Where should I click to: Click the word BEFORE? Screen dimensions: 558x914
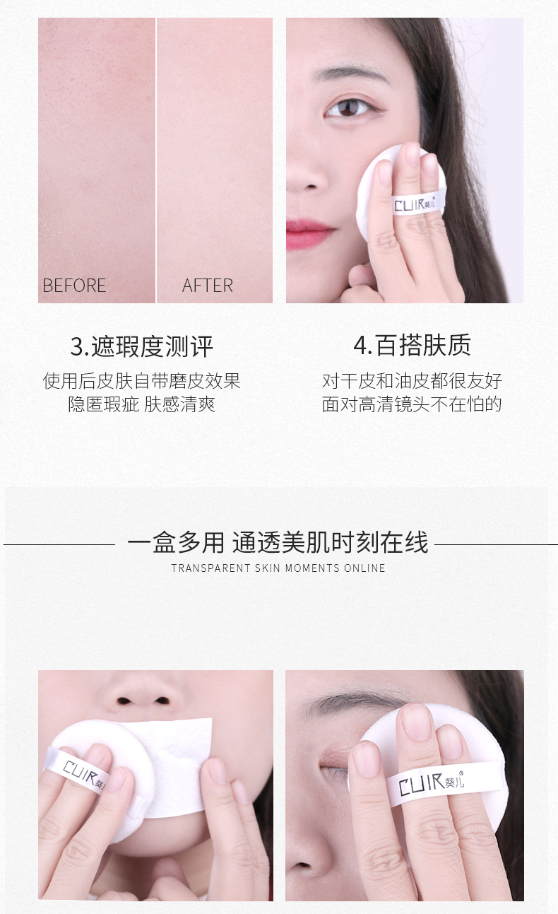point(74,286)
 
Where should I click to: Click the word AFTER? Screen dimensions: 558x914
point(208,286)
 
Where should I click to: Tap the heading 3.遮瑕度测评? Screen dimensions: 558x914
point(141,347)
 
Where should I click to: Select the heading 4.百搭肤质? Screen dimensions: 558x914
point(412,345)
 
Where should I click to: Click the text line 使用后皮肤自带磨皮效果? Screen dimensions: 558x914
point(141,381)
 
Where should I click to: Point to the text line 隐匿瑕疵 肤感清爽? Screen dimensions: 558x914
point(141,404)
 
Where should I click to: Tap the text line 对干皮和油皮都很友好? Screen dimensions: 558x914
point(412,381)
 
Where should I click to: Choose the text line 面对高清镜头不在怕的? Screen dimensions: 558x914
point(412,404)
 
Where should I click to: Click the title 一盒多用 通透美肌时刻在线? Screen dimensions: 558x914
point(278,543)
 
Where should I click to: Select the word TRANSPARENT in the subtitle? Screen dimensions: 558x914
point(210,568)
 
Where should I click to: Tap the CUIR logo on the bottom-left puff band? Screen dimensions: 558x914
point(83,775)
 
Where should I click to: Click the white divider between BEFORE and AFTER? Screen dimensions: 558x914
point(155,160)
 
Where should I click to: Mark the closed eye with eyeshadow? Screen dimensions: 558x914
point(334,762)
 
